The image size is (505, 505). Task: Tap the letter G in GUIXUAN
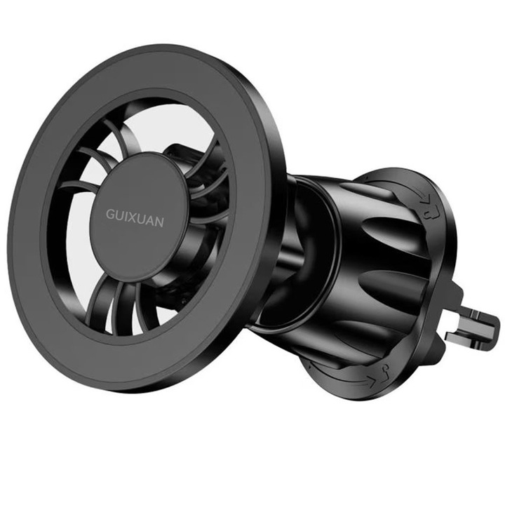click(x=111, y=214)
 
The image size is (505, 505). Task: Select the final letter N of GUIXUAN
click(x=159, y=222)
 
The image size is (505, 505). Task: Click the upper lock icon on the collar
click(x=430, y=213)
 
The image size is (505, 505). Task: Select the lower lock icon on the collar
click(x=386, y=371)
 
